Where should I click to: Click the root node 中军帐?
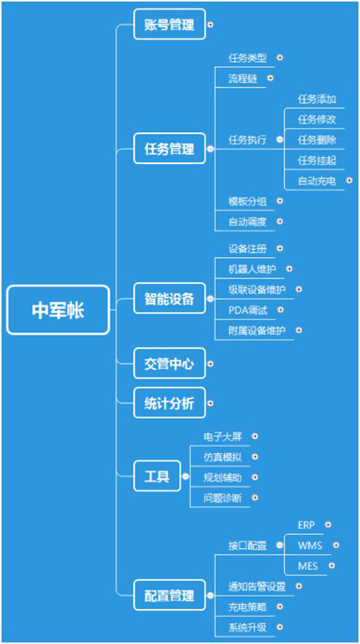pos(58,310)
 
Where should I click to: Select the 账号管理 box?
pos(170,24)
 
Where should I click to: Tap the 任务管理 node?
pos(170,149)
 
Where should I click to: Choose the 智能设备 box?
pos(170,299)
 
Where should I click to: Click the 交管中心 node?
pos(170,364)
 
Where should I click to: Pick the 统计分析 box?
pos(170,403)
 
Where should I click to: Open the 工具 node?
pos(157,476)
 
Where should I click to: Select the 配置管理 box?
pos(170,595)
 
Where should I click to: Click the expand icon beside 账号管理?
pos(211,24)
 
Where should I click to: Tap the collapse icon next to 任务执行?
pos(279,139)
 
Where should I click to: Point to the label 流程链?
pos(243,78)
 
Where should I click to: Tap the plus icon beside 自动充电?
pos(349,180)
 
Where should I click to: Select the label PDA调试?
pos(248,310)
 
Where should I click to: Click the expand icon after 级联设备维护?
pos(299,289)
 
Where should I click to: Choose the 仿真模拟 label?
pos(223,457)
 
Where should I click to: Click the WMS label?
pos(310,546)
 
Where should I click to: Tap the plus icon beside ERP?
pos(327,525)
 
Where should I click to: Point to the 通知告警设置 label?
pos(257,587)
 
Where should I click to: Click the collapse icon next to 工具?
pos(186,476)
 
